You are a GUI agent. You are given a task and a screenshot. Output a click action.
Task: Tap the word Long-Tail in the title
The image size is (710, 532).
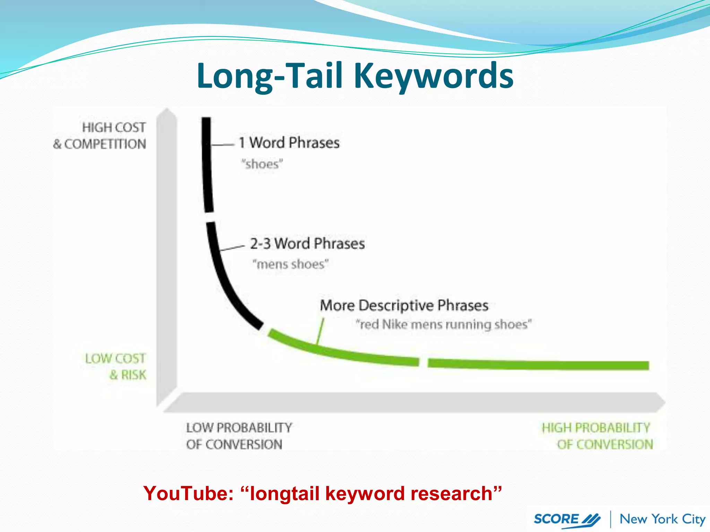270,76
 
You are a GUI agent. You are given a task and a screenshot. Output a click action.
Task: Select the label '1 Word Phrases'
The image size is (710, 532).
289,143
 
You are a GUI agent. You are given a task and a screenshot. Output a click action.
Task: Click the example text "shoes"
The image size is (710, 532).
262,164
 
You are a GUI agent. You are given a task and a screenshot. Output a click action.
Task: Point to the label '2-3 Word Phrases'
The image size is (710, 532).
307,243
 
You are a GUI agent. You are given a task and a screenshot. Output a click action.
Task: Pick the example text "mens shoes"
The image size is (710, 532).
290,264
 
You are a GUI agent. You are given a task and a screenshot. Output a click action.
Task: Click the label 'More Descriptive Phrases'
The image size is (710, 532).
404,305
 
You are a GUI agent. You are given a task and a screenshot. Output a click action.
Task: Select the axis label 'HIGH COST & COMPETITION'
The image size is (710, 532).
100,136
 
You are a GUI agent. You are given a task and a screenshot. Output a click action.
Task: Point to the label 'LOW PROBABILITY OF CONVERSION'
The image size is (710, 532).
239,436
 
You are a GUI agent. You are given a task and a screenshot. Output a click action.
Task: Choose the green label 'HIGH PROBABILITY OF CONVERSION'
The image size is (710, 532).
597,436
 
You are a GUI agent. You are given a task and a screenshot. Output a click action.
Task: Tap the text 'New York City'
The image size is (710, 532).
662,519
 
